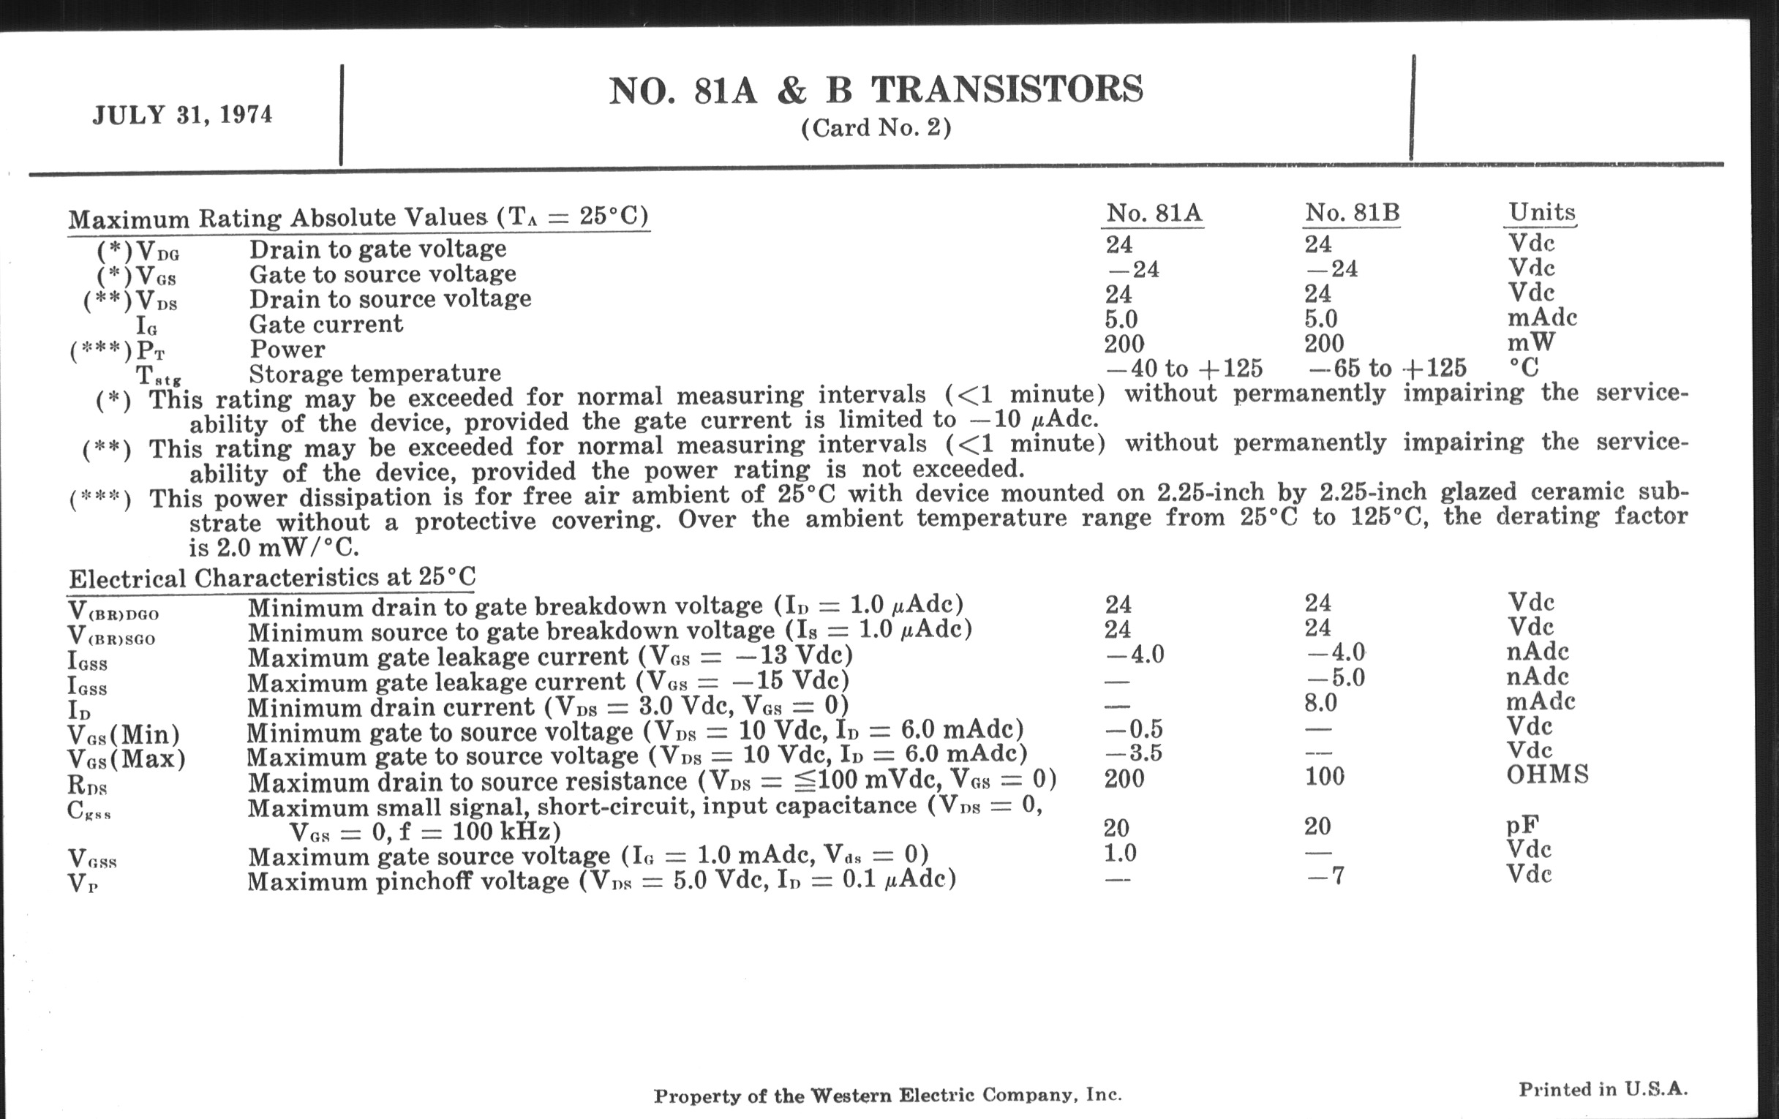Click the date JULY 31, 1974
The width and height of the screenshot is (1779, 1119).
click(182, 116)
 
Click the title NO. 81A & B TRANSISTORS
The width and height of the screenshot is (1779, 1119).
click(876, 90)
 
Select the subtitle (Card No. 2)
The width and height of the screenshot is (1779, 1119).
click(876, 129)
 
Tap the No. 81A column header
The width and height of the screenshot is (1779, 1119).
click(1154, 213)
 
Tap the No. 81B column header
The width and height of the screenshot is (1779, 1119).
click(1352, 213)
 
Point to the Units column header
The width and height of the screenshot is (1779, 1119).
click(1542, 212)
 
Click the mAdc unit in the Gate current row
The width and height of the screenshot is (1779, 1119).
click(1542, 317)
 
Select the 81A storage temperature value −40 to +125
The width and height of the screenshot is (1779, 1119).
click(1184, 368)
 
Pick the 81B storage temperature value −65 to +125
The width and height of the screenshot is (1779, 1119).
click(1386, 368)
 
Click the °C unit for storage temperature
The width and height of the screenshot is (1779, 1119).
click(1524, 367)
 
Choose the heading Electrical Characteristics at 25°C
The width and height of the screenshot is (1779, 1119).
click(272, 577)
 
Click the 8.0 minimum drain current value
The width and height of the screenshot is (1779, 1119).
click(1321, 702)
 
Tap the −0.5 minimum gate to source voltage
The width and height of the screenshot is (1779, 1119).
click(1134, 729)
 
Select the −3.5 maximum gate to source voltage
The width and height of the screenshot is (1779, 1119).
click(1134, 753)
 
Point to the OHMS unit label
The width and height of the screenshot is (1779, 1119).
click(1548, 774)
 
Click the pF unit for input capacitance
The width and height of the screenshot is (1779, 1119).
click(1522, 825)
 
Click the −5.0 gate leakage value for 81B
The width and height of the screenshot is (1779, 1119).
click(1336, 677)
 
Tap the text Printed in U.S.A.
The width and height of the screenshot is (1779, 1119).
click(1603, 1090)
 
